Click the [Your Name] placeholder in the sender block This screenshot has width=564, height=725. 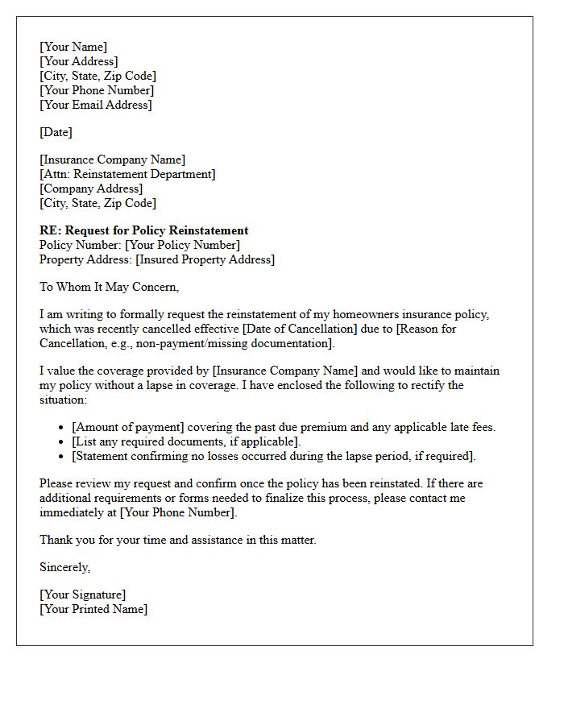pyautogui.click(x=73, y=47)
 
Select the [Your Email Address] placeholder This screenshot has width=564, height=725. pyautogui.click(x=96, y=105)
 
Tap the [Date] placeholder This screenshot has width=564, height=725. pyautogui.click(x=56, y=132)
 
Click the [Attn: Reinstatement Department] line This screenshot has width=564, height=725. pyautogui.click(x=127, y=174)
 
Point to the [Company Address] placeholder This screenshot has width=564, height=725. pyautogui.click(x=91, y=188)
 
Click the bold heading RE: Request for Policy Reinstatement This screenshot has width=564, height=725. pyautogui.click(x=144, y=230)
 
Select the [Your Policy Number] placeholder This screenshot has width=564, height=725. pyautogui.click(x=182, y=245)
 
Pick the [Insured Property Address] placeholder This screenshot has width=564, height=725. pyautogui.click(x=205, y=259)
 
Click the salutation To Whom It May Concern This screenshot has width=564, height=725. pyautogui.click(x=110, y=287)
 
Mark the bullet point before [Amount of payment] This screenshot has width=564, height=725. pyautogui.click(x=62, y=428)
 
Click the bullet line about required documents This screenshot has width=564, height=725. pyautogui.click(x=186, y=441)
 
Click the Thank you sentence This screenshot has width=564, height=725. pyautogui.click(x=178, y=540)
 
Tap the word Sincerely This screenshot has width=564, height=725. pyautogui.click(x=64, y=567)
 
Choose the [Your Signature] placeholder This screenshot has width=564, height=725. pyautogui.click(x=83, y=594)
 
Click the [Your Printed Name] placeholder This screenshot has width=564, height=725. pyautogui.click(x=93, y=609)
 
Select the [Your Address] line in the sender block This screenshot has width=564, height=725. pyautogui.click(x=79, y=61)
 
